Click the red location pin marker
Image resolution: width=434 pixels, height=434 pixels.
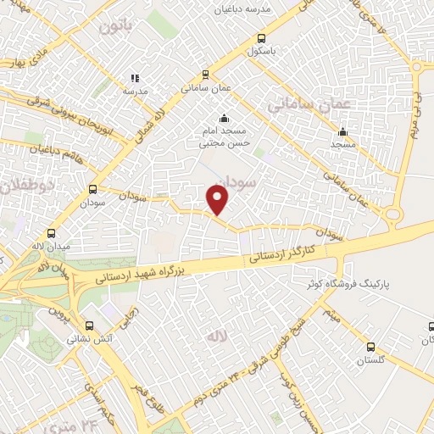218,200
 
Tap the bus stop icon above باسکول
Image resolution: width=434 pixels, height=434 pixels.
261,37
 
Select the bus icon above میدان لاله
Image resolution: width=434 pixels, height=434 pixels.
52,233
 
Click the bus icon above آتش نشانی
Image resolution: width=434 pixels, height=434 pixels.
90,324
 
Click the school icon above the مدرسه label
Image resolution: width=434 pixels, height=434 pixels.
135,78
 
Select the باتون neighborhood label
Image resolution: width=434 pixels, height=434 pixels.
116,26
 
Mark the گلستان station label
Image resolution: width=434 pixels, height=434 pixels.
370,360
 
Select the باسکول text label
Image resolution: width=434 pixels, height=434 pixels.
262,51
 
